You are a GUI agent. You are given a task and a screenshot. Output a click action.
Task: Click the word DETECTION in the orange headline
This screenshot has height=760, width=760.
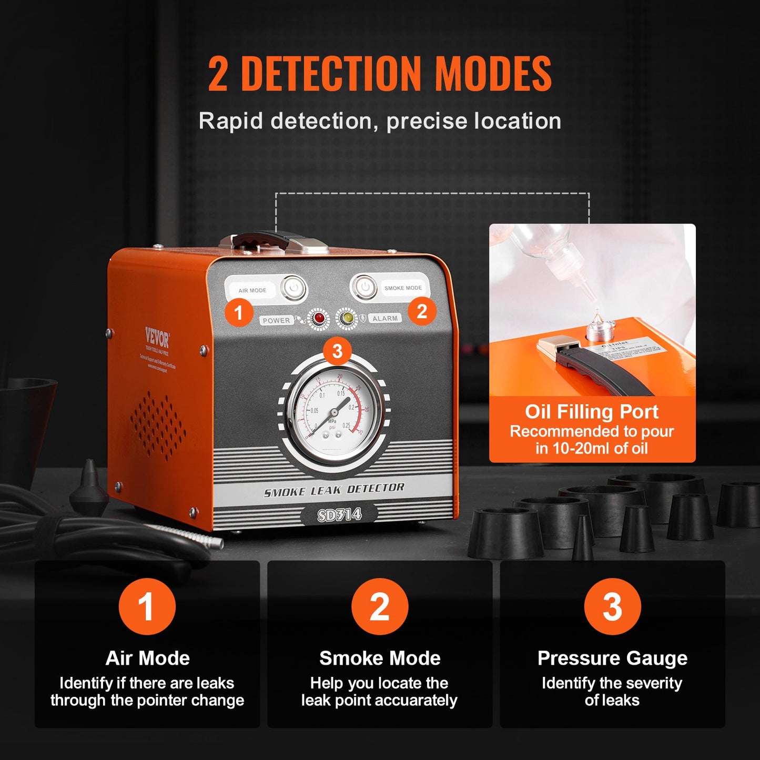331,74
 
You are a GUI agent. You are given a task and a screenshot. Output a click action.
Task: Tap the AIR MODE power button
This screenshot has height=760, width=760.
293,288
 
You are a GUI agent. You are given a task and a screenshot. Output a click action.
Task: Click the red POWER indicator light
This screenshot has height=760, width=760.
319,318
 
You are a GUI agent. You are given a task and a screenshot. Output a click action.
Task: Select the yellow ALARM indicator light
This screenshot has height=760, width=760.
347,318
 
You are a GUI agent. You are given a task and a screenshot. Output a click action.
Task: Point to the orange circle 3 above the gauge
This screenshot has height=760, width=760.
337,351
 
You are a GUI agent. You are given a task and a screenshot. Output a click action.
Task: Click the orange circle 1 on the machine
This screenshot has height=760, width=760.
239,313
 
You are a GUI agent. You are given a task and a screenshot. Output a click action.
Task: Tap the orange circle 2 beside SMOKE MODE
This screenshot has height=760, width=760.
422,311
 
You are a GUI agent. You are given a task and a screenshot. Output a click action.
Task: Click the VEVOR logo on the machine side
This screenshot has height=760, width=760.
157,337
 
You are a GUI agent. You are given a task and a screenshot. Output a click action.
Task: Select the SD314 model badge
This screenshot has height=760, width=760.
339,514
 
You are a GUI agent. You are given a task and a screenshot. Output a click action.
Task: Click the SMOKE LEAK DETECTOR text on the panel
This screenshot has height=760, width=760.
334,490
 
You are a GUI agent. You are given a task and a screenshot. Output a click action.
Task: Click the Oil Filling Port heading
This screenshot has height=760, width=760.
592,411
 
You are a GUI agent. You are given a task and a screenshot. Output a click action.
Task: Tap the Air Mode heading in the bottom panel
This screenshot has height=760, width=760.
147,658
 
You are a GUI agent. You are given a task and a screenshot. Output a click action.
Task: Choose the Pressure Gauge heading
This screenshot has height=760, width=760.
612,658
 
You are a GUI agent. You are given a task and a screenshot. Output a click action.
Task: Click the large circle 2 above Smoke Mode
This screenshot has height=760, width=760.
380,606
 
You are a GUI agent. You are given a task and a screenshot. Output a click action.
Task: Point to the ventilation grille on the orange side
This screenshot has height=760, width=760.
158,426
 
